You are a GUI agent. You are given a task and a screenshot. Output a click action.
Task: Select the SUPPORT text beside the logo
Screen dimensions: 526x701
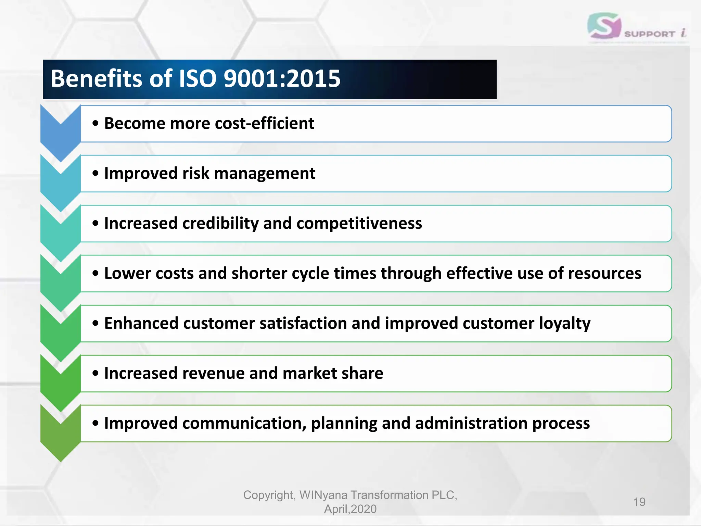[x=649, y=34]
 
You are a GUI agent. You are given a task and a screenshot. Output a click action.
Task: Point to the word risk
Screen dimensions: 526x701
[x=195, y=173]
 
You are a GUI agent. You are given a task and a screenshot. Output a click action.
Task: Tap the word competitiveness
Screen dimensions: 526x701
[x=359, y=223]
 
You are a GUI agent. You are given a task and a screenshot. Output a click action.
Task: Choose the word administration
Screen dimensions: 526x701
[x=471, y=423]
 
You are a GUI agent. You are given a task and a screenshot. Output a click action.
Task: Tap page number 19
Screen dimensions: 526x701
[x=639, y=502]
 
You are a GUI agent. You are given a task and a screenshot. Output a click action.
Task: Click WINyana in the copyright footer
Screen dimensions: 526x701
[x=323, y=495]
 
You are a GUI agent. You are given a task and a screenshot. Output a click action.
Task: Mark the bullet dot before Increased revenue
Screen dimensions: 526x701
[x=95, y=373]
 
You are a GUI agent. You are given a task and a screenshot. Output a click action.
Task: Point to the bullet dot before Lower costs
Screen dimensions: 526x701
[x=95, y=273]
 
